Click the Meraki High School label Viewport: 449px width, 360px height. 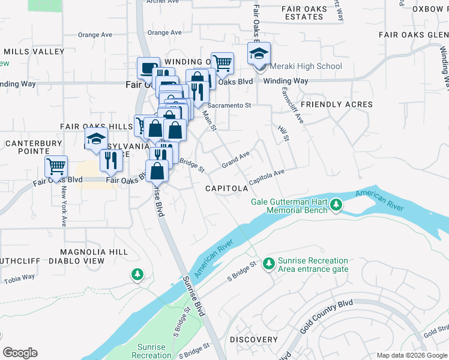pyautogui.click(x=306, y=66)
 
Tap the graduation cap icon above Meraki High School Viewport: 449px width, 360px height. pyautogui.click(x=259, y=55)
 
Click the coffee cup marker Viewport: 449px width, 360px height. pyautogui.click(x=148, y=68)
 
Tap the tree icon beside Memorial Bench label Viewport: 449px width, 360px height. pyautogui.click(x=336, y=205)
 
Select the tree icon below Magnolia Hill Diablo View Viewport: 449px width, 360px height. pyautogui.click(x=138, y=274)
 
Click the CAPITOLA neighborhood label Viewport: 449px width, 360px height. pyautogui.click(x=226, y=188)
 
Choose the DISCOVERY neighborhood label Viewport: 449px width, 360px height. pyautogui.click(x=253, y=340)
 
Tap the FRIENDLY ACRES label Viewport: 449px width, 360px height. pyautogui.click(x=336, y=104)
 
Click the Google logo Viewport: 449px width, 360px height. pyautogui.click(x=20, y=353)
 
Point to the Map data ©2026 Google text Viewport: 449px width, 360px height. pyautogui.click(x=411, y=355)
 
